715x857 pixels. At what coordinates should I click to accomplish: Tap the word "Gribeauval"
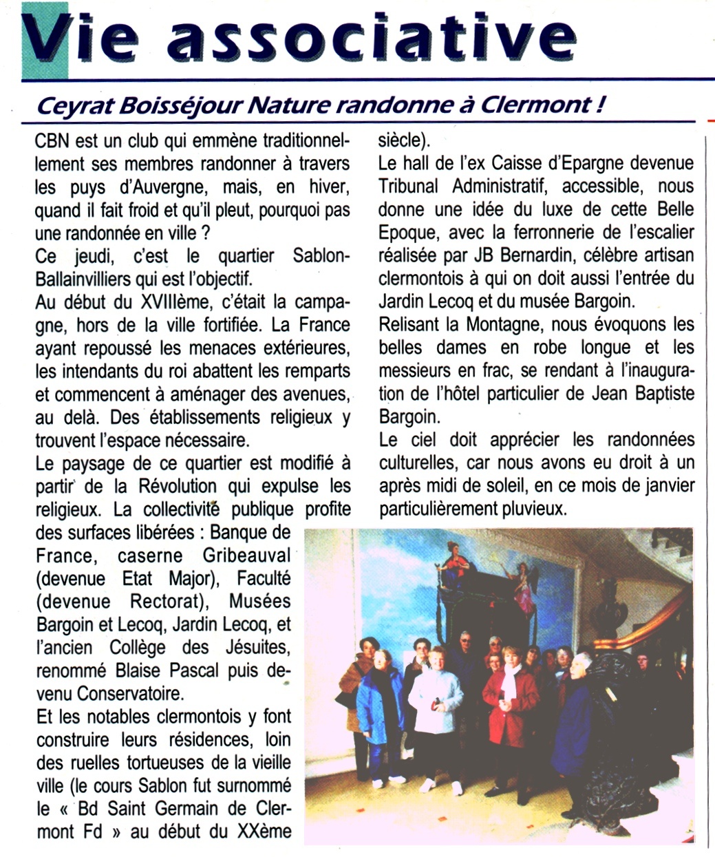pyautogui.click(x=247, y=556)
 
